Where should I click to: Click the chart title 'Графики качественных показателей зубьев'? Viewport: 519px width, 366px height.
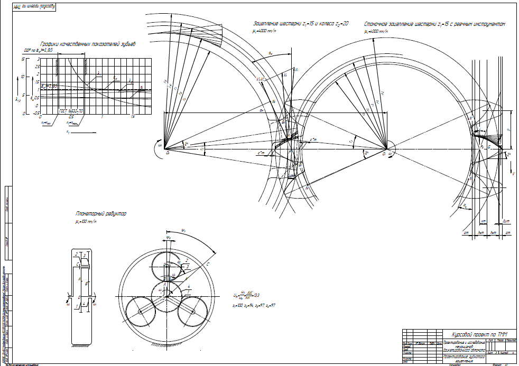(x=87, y=44)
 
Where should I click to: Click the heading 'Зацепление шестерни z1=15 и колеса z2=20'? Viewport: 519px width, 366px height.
(x=301, y=24)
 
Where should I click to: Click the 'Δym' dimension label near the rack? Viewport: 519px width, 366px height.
(x=505, y=221)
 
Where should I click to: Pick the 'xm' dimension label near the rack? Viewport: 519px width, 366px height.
(x=483, y=221)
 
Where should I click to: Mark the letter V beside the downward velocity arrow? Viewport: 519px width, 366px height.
(x=513, y=173)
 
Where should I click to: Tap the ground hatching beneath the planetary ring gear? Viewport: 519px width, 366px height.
(x=166, y=346)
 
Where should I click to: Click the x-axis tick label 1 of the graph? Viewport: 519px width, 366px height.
(x=101, y=117)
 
